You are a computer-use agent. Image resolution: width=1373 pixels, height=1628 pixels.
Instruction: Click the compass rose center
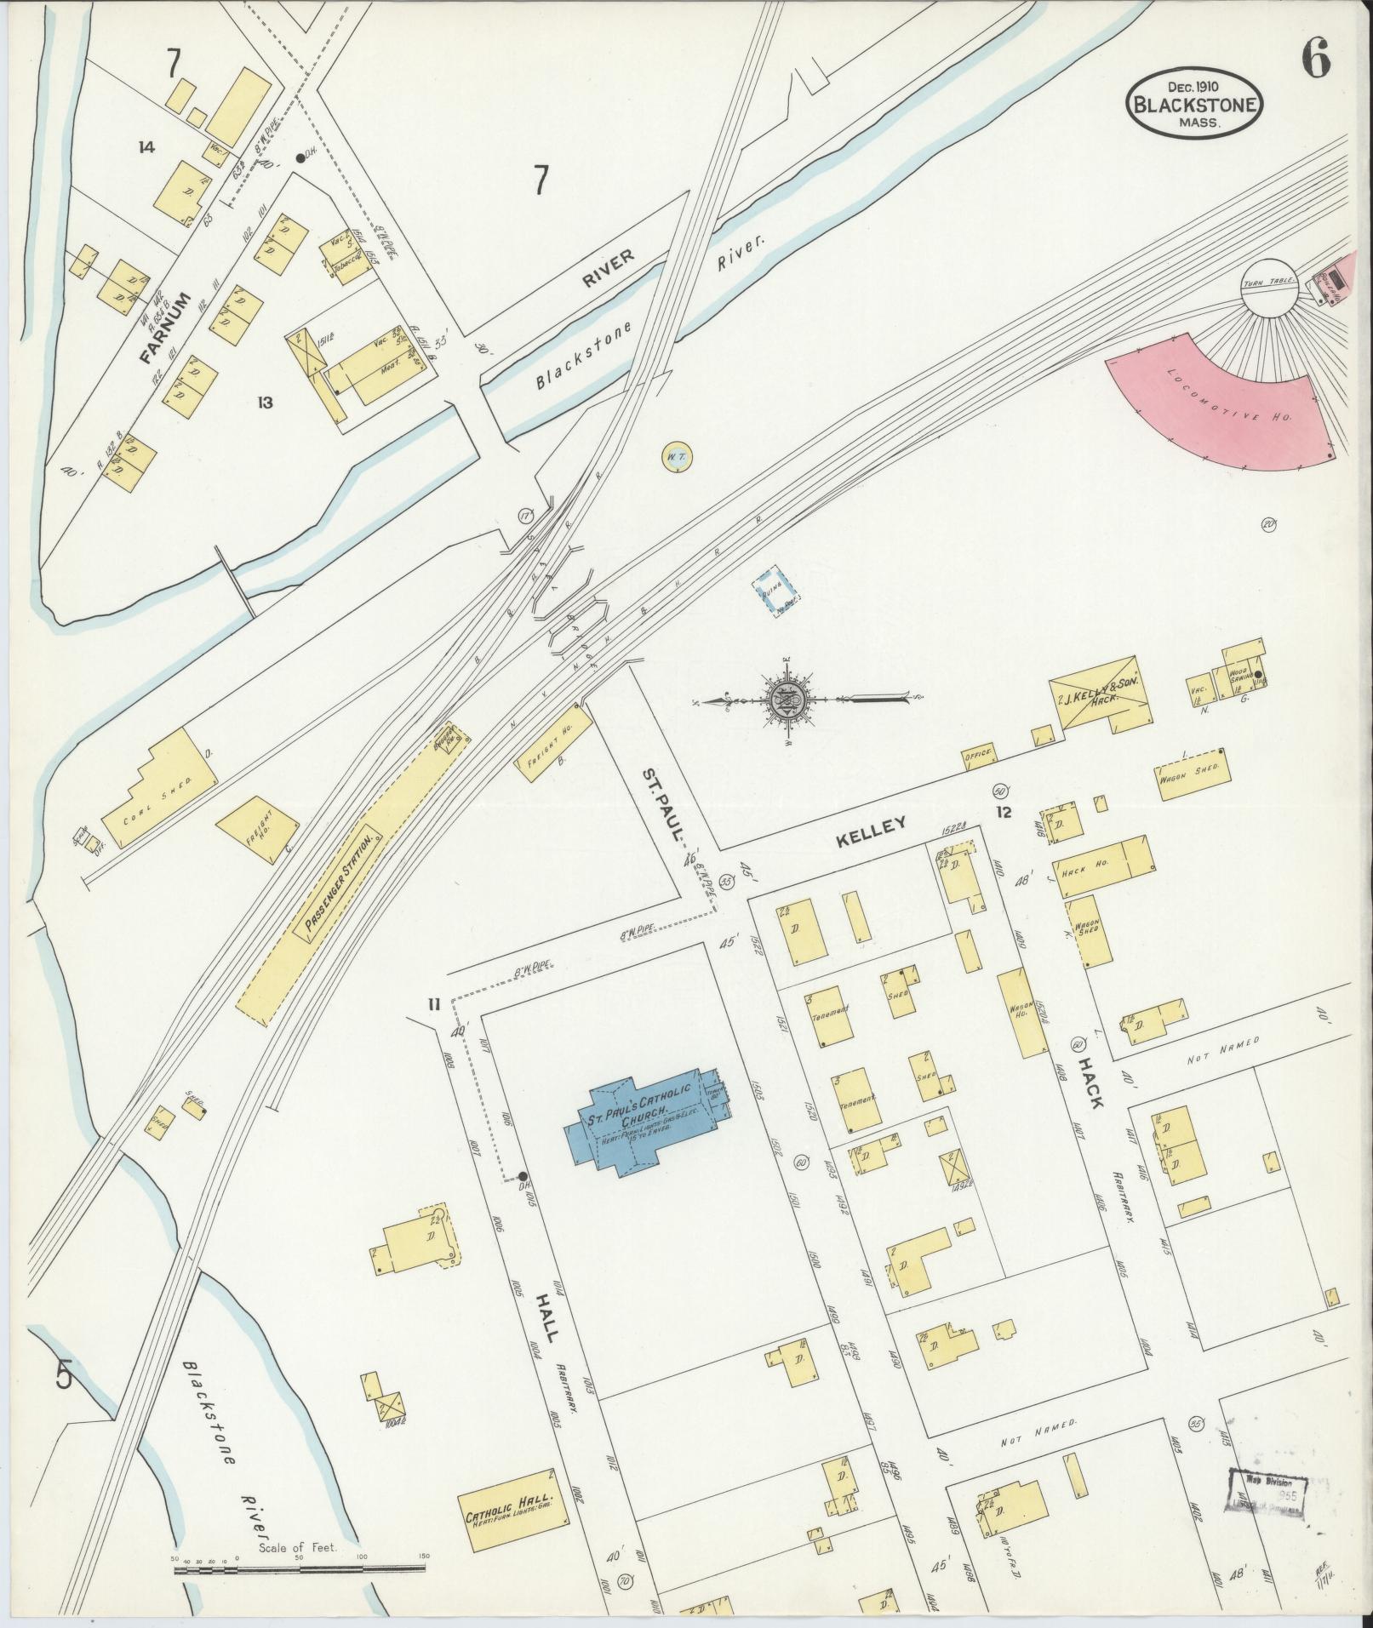pyautogui.click(x=787, y=699)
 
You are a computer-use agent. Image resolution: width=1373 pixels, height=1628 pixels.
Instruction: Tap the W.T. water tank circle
pyautogui.click(x=678, y=458)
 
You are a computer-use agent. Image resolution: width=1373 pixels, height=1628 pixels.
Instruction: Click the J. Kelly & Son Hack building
pyautogui.click(x=1098, y=691)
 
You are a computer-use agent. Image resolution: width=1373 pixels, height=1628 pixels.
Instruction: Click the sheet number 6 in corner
pyautogui.click(x=1315, y=60)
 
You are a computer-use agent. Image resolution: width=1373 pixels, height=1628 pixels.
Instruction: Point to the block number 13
pyautogui.click(x=266, y=403)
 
